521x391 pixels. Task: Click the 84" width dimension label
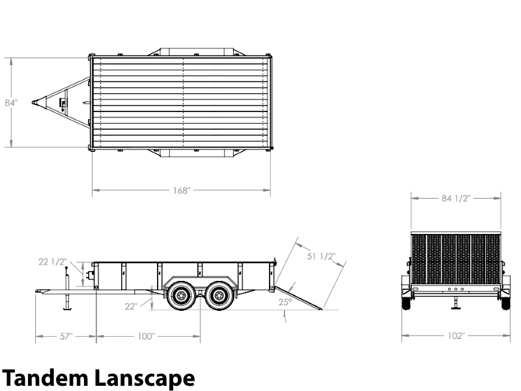click(x=11, y=103)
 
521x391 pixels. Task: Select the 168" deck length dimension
click(x=182, y=190)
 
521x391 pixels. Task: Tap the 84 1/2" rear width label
click(x=456, y=199)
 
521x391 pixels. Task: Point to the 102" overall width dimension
click(x=456, y=336)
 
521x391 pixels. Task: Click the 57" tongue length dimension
click(x=66, y=336)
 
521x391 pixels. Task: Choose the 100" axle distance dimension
click(x=146, y=336)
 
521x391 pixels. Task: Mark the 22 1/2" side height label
click(x=53, y=262)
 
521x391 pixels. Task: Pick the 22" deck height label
click(x=132, y=306)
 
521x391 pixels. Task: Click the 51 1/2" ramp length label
click(x=321, y=256)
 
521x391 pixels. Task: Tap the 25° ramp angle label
click(x=285, y=302)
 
